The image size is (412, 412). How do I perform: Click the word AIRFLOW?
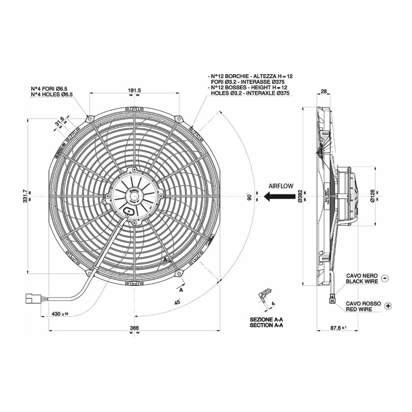(281, 186)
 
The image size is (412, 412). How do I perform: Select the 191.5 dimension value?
(134, 90)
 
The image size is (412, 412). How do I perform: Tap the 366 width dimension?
(134, 328)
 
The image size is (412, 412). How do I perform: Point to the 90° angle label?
(249, 197)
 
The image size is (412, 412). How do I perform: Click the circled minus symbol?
(385, 278)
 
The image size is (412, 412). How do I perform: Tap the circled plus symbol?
(388, 306)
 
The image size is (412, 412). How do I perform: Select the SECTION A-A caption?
(266, 325)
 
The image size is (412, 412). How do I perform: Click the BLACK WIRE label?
(362, 281)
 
